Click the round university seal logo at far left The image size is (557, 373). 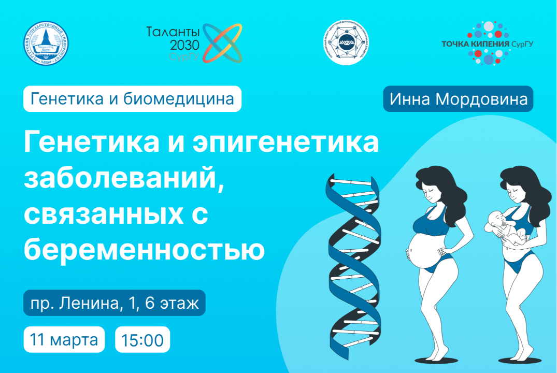click(48, 45)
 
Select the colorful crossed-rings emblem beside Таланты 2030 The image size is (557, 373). click(221, 43)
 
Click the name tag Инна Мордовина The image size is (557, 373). click(458, 99)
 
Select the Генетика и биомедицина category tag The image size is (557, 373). click(132, 99)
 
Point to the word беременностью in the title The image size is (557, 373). click(144, 250)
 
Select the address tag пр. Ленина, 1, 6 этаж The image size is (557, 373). click(115, 304)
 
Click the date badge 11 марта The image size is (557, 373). click(64, 340)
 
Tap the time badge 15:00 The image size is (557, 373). click(142, 340)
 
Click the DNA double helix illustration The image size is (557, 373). click(353, 264)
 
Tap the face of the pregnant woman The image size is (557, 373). click(431, 189)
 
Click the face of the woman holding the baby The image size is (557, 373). click(516, 190)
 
